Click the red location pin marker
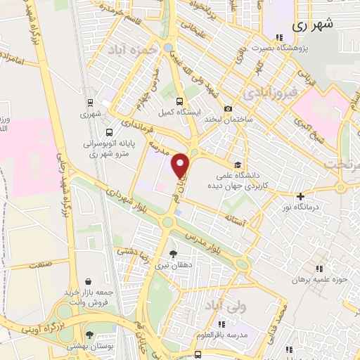(181, 165)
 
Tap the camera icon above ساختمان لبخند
(228, 108)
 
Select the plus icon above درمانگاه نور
(301, 196)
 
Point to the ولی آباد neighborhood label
(221, 307)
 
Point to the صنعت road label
(42, 266)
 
